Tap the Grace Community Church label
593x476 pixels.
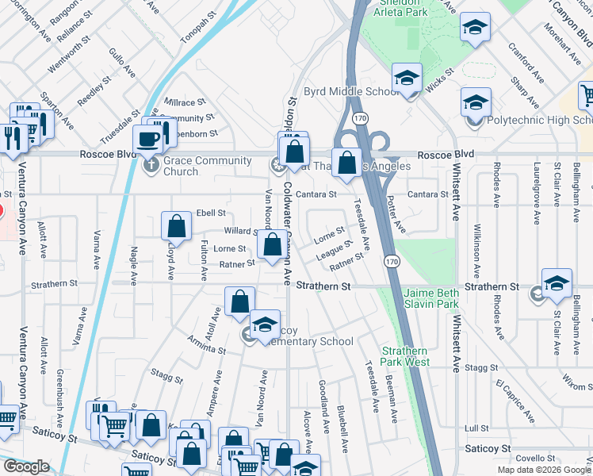[x=181, y=166]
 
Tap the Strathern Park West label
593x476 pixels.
[x=405, y=356]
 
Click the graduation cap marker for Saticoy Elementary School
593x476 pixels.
[x=265, y=325]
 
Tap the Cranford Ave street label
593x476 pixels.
[x=526, y=63]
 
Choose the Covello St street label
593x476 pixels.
[x=536, y=459]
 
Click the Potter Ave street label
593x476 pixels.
[x=396, y=217]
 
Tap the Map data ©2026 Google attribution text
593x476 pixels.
[x=544, y=470]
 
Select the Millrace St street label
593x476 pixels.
[x=185, y=102]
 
